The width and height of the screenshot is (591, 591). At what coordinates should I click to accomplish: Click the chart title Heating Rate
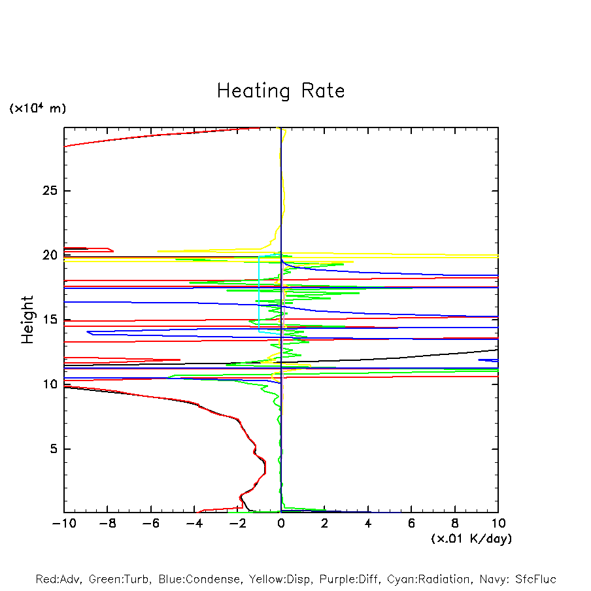280,91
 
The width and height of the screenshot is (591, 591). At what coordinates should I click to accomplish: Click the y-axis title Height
27,320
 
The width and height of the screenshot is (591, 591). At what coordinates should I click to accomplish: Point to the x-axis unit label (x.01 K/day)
471,539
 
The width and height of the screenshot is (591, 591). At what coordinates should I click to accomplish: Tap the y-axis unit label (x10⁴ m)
37,109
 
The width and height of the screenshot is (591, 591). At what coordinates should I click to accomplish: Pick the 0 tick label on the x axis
281,523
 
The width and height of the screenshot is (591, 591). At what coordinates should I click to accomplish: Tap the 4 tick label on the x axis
368,523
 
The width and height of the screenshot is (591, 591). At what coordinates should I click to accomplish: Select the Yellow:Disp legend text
281,579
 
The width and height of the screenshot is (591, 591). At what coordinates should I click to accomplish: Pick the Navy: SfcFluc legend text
517,579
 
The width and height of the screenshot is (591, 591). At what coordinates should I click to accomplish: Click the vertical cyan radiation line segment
259,291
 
